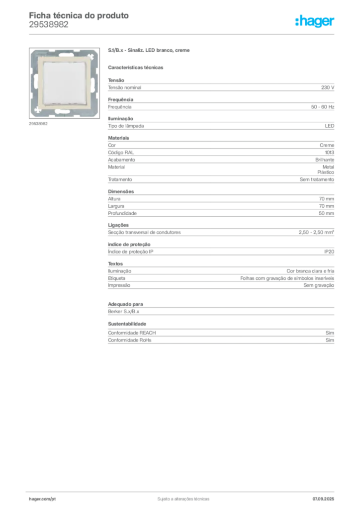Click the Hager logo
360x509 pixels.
pos(315,21)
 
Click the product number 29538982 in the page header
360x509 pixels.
pos(49,25)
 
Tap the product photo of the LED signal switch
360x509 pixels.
pos(64,83)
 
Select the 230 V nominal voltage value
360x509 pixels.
pos(328,87)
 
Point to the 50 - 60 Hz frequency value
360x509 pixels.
pos(322,107)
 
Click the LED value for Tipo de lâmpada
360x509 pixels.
pos(330,126)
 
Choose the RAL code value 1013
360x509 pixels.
pos(330,153)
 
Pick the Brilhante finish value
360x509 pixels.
pos(325,160)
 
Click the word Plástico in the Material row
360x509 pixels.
pos(326,172)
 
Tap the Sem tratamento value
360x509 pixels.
pos(317,179)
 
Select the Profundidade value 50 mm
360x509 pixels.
pos(326,213)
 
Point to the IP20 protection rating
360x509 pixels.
pos(329,252)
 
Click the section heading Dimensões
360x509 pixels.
pos(121,191)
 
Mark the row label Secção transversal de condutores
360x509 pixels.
pos(144,233)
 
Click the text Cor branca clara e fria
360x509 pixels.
pos(310,271)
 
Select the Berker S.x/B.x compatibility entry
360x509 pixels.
pos(123,311)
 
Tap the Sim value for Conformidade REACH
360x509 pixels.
pos(330,333)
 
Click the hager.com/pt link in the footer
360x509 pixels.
pos(42,499)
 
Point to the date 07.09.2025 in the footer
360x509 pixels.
pos(323,499)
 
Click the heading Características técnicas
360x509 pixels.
pos(135,68)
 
